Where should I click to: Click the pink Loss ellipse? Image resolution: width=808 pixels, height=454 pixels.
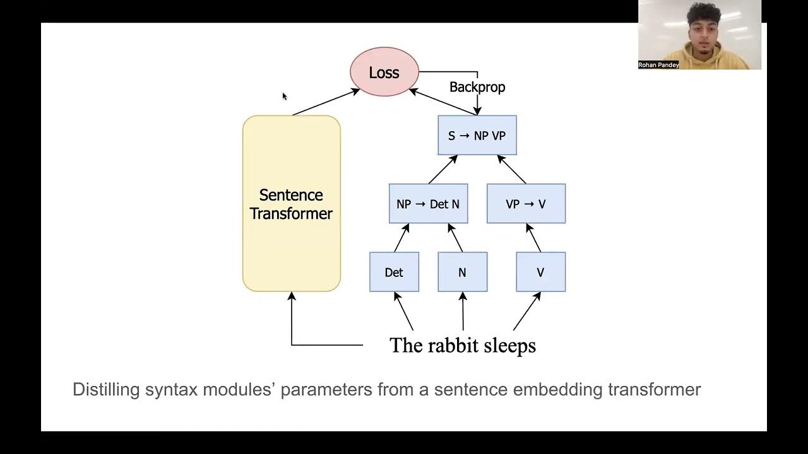[384, 73]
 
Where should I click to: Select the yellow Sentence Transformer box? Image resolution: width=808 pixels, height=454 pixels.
[291, 203]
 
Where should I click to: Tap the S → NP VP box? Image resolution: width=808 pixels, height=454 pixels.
[477, 136]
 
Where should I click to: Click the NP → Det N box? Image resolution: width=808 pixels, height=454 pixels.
[428, 204]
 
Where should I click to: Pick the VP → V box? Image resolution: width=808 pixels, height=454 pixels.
[526, 204]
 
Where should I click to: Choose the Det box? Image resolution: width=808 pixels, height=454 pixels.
[394, 272]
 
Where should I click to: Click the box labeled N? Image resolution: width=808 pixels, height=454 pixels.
[462, 272]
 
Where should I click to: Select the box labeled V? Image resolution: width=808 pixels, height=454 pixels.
[540, 272]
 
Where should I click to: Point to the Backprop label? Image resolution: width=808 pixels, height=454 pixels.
[477, 87]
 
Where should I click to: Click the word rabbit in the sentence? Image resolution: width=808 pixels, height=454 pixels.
[451, 346]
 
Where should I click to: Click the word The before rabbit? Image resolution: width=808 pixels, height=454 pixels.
[403, 346]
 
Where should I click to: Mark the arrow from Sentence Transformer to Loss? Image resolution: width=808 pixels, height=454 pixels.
[325, 102]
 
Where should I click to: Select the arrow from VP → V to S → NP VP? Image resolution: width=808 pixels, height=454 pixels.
[512, 169]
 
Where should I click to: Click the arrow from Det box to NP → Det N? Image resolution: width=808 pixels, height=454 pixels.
[401, 238]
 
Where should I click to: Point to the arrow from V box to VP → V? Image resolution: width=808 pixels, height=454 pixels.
[534, 238]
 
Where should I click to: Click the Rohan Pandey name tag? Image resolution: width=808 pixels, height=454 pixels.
[658, 65]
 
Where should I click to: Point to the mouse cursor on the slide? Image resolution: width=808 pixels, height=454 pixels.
[284, 96]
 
